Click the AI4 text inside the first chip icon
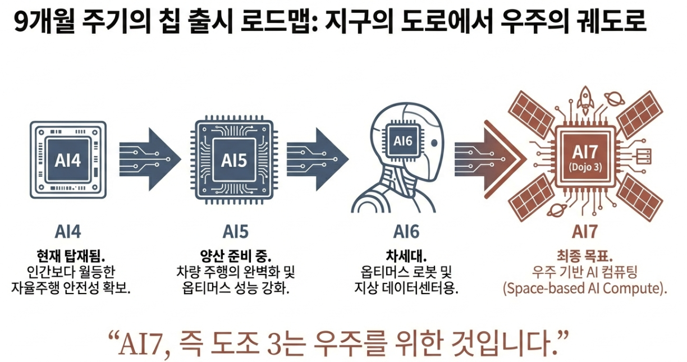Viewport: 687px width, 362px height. coord(68,161)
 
